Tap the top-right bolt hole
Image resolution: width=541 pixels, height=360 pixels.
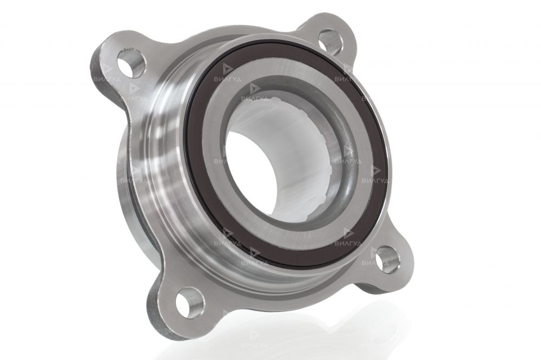[x=330, y=41]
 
